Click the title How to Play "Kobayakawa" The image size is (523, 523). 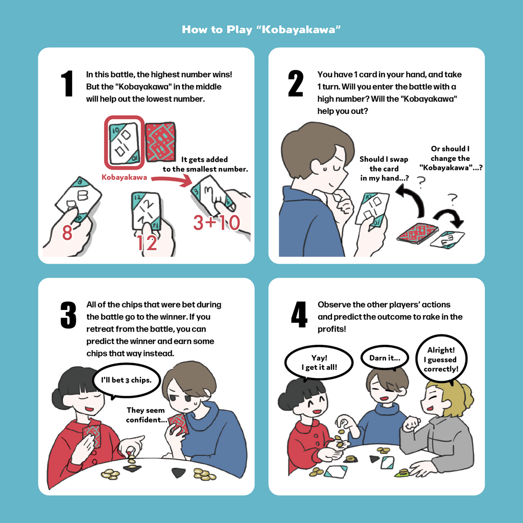(x=261, y=29)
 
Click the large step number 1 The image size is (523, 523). (x=66, y=84)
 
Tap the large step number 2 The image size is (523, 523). (x=296, y=84)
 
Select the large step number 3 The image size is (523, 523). (x=68, y=315)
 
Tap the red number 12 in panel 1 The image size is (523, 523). (x=147, y=243)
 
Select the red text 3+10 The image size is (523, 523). (x=216, y=223)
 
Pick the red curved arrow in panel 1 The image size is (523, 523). (x=171, y=180)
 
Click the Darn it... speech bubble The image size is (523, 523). (x=385, y=358)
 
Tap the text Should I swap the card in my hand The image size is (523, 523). (x=384, y=169)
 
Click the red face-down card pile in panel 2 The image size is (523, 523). (x=417, y=232)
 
